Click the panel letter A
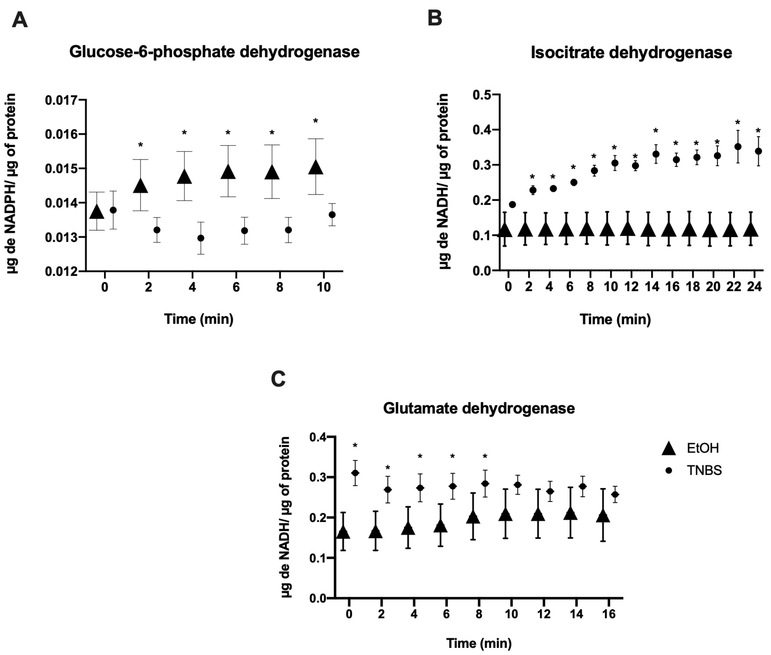(x=20, y=20)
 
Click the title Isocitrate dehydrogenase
(x=631, y=53)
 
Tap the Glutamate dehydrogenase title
(x=479, y=408)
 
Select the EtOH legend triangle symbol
(x=669, y=449)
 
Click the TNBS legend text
(x=704, y=470)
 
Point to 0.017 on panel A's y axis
(x=61, y=100)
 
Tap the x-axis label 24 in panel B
(x=754, y=287)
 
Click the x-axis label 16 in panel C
(x=609, y=614)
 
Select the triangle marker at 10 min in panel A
(x=316, y=168)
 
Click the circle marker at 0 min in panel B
(x=513, y=204)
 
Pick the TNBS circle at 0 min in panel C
(x=355, y=473)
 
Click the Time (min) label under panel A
(x=199, y=319)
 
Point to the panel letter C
(x=278, y=379)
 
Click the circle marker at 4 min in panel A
(x=201, y=238)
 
